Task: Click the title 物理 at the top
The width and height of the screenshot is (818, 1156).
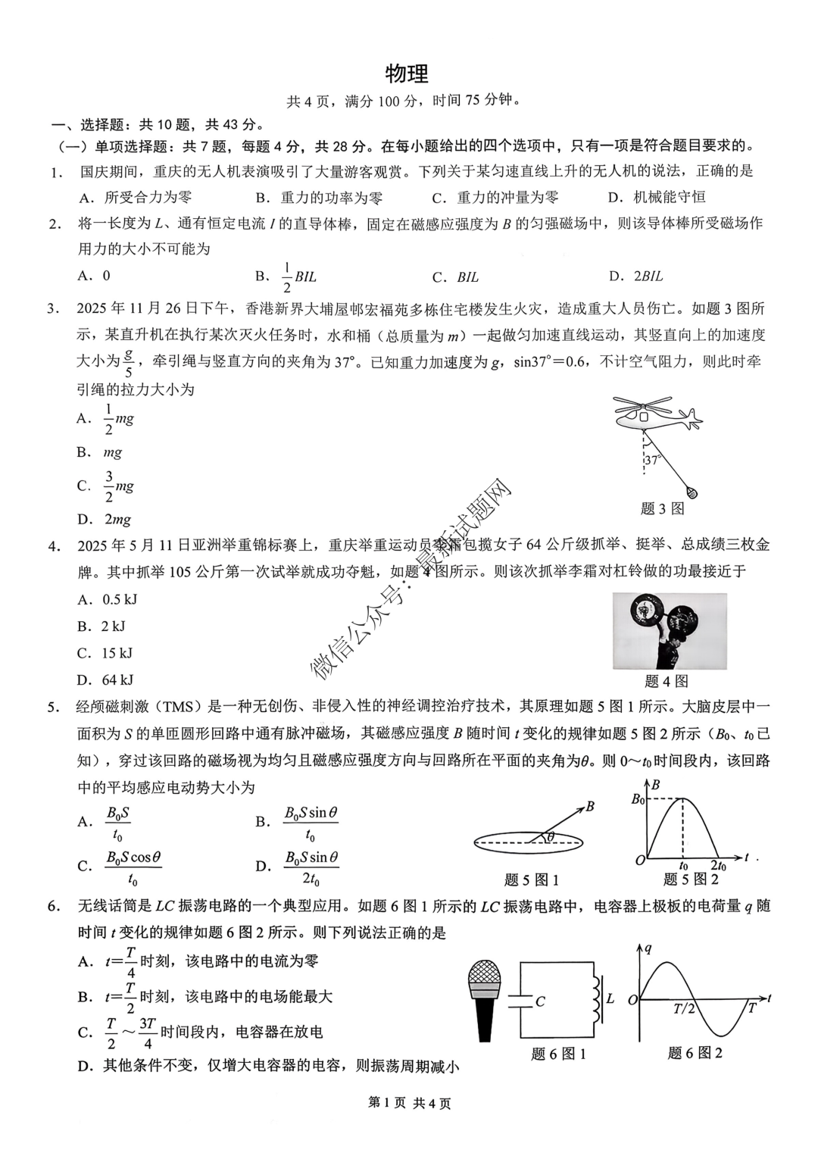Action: pyautogui.click(x=407, y=74)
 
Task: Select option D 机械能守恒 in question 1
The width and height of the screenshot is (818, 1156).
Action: pyautogui.click(x=657, y=198)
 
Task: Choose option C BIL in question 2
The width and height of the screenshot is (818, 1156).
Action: pyautogui.click(x=457, y=277)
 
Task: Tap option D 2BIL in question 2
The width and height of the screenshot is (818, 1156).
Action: pyautogui.click(x=636, y=277)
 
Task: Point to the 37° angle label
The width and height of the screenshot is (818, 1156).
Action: pyautogui.click(x=653, y=460)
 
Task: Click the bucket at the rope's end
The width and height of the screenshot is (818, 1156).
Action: pyautogui.click(x=691, y=493)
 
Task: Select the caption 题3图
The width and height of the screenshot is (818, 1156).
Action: pyautogui.click(x=662, y=509)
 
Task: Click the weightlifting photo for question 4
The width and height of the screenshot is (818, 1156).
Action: pyautogui.click(x=670, y=631)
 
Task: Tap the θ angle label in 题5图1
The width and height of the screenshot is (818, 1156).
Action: pyautogui.click(x=551, y=836)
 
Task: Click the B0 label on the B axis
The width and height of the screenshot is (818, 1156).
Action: pyautogui.click(x=638, y=798)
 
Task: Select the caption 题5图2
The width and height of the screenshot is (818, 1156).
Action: pyautogui.click(x=691, y=879)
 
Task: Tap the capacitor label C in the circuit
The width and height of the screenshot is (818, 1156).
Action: pyautogui.click(x=540, y=1001)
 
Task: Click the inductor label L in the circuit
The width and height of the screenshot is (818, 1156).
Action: pyautogui.click(x=610, y=998)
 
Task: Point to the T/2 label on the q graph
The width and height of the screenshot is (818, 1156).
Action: pyautogui.click(x=684, y=1008)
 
